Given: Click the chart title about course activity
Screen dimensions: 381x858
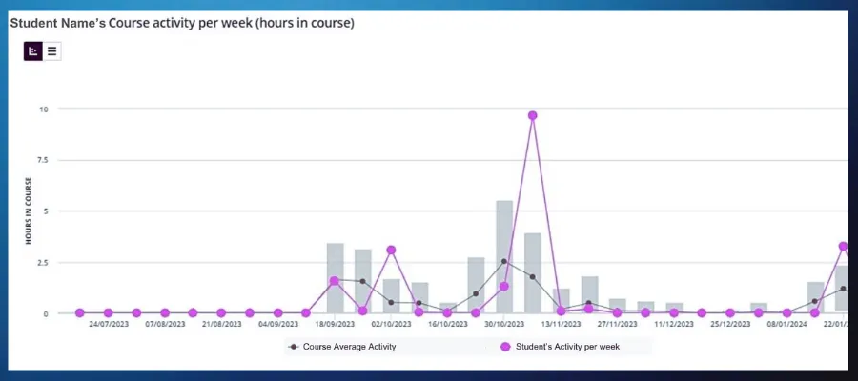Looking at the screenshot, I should (x=181, y=23).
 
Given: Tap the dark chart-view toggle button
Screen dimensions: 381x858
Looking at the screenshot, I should (x=33, y=50).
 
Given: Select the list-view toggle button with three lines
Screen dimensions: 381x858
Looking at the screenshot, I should (x=51, y=50).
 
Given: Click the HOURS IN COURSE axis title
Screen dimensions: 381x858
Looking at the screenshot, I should (x=30, y=211).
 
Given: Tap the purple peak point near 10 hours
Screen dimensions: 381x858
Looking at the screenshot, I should (x=532, y=115).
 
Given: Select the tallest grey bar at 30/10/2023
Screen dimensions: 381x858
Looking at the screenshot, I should (x=504, y=257).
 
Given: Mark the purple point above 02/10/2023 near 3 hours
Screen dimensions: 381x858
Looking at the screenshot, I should (x=391, y=250).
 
